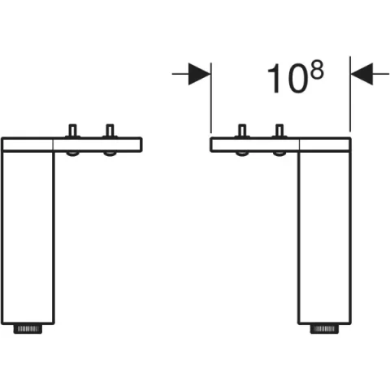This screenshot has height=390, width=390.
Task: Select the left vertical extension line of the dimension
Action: (210, 102)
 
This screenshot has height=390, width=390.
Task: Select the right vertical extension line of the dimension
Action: (350, 102)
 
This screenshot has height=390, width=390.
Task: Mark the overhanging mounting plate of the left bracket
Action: (97, 145)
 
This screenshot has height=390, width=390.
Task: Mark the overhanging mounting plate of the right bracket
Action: (256, 145)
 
